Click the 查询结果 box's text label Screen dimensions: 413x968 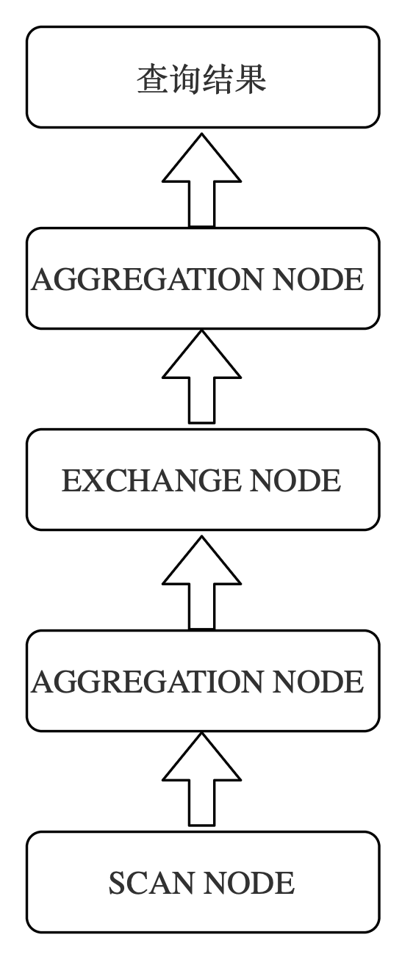[201, 79]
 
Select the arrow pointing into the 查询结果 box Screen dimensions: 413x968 [201, 180]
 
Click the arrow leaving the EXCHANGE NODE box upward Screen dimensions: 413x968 [201, 376]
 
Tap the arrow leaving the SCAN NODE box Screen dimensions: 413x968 [201, 779]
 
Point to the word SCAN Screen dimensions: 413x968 [151, 883]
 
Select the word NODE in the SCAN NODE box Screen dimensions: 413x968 [248, 883]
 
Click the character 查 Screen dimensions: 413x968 [153, 79]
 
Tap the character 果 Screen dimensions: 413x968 [251, 79]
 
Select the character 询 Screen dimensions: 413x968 [185, 79]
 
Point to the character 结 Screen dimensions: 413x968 [218, 79]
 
